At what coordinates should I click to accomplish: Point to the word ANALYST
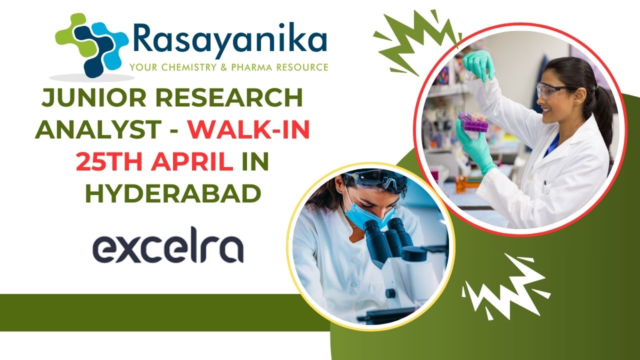(x=98, y=129)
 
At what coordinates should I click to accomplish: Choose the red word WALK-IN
(x=248, y=129)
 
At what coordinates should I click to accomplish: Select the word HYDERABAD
(x=173, y=193)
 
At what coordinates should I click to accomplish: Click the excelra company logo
(x=168, y=245)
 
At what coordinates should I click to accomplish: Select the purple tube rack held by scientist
(x=473, y=121)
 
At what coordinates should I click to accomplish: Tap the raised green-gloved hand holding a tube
(x=479, y=65)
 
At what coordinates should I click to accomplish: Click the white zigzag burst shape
(x=505, y=287)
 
